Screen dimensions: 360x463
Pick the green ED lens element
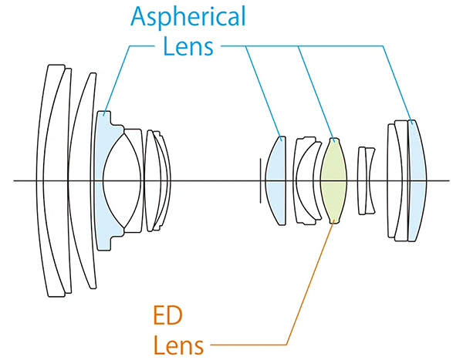coord(335,180)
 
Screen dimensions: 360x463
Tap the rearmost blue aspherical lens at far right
coord(417,180)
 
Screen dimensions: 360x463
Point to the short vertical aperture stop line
coord(261,180)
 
